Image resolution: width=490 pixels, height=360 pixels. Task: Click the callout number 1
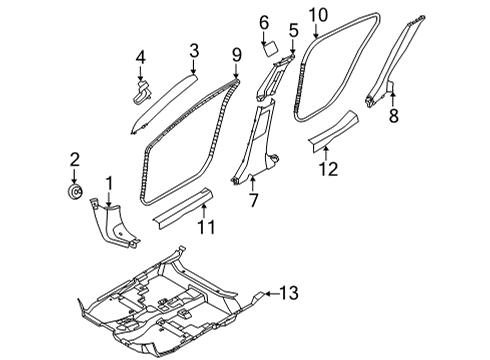(x=110, y=183)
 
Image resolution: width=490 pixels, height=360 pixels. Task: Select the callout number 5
(x=293, y=31)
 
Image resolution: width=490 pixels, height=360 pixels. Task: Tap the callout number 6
(x=264, y=22)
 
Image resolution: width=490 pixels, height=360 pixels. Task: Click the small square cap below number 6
(x=267, y=45)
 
